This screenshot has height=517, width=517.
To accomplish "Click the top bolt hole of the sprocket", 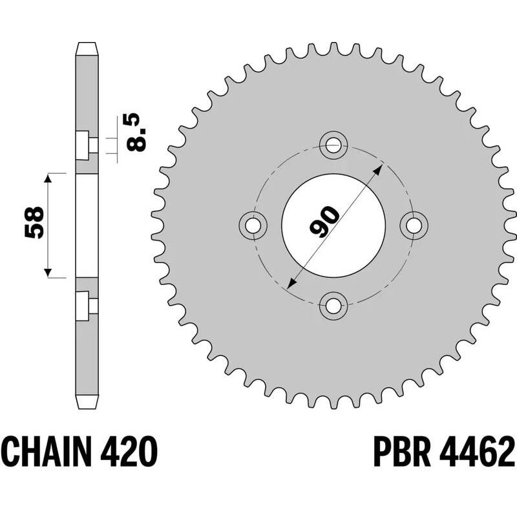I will click(x=333, y=145).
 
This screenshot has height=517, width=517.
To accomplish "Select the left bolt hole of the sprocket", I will click(x=253, y=224).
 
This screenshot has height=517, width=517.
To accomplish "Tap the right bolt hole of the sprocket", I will click(x=414, y=224).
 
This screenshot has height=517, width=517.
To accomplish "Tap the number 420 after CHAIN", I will click(x=129, y=451).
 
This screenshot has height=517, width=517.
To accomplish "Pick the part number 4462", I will click(x=479, y=451).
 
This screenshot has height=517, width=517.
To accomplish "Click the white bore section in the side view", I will click(x=87, y=226).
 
